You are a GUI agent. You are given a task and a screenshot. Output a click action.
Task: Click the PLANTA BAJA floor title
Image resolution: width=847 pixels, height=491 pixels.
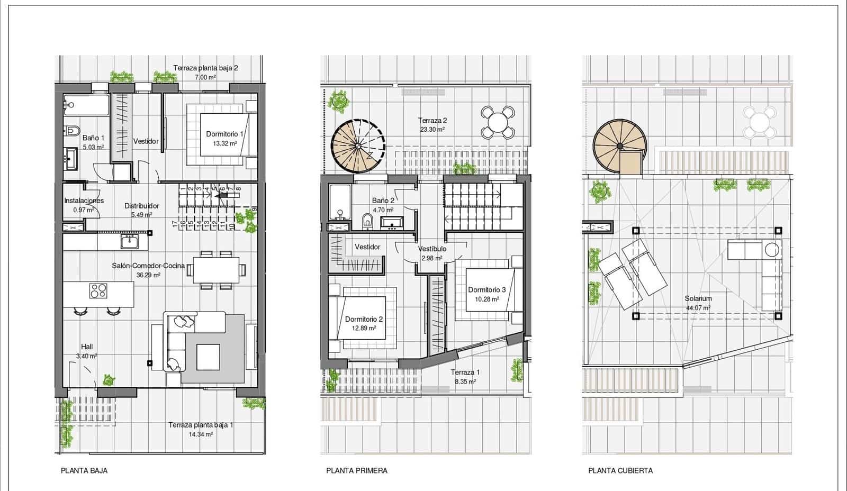pos(84,470)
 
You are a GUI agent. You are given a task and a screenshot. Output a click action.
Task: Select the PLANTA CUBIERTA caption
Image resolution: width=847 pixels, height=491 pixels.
pos(620,470)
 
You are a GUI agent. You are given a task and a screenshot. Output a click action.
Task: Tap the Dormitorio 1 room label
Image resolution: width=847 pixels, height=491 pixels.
pos(224,134)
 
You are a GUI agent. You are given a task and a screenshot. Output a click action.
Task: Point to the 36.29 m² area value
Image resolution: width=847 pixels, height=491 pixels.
pos(148,275)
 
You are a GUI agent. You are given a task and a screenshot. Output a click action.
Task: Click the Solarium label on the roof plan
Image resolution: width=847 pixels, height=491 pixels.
pos(698,298)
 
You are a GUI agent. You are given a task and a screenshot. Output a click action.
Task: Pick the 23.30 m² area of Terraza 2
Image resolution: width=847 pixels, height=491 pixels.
pos(432,129)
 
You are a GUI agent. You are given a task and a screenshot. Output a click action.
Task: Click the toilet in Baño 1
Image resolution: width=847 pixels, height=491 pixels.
pos(72,130)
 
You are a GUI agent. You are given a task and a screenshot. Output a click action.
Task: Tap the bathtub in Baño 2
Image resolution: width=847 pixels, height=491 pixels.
pos(340,202)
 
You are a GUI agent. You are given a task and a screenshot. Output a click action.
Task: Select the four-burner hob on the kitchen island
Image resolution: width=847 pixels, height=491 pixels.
pos(98,290)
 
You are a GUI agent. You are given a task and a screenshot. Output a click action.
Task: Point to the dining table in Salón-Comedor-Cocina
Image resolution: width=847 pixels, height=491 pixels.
pos(216,270)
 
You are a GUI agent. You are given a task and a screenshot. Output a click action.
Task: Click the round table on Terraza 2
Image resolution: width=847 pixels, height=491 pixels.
pos(498,122)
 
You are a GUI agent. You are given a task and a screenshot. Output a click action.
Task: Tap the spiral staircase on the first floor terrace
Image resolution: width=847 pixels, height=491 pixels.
pos(358,146)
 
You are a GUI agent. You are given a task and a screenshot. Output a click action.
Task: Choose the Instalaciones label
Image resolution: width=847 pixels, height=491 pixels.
pos(84,201)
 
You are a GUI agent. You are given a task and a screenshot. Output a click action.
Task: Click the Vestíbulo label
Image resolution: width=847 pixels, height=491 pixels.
pos(432,249)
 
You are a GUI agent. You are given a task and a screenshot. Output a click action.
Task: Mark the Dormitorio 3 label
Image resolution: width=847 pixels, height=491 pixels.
pos(486,290)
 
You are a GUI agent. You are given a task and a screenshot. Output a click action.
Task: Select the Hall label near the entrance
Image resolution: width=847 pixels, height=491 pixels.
pos(87,347)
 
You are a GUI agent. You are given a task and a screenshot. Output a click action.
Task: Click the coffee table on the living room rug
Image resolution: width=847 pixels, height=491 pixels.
pos(208,357)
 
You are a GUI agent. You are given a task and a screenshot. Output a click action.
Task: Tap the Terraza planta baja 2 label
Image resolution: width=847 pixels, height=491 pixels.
pos(205,68)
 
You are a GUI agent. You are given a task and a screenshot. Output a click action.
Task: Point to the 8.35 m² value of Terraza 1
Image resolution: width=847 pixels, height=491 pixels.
pos(465,382)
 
